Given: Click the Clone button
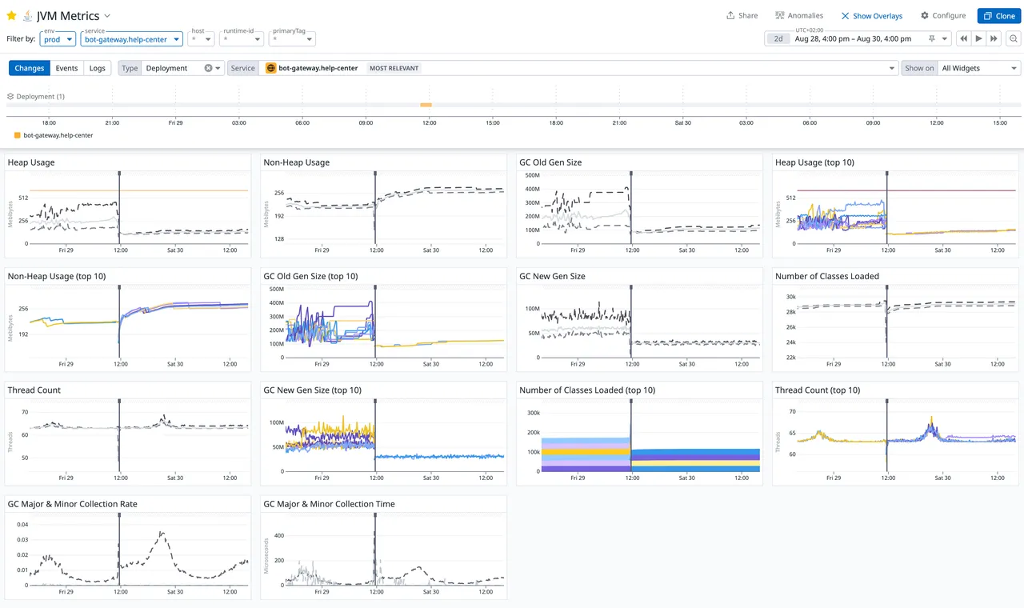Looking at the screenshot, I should coord(998,16).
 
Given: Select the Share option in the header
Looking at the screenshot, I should coord(742,16).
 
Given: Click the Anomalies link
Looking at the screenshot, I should coord(799,16).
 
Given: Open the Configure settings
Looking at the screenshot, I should coord(943,16).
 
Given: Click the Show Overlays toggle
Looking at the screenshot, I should coord(871,16).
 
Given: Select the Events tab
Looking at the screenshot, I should coord(66,68).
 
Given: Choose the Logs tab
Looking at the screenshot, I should coord(97,68).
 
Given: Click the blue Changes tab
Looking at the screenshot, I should coord(29,68).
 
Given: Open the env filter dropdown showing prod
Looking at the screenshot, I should coord(58,39).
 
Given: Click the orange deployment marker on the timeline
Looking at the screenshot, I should coord(426,105).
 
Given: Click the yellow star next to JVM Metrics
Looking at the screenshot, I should coord(11,15).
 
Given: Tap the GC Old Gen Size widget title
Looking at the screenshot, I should coord(550,162).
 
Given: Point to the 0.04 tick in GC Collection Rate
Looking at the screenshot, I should coord(22,525).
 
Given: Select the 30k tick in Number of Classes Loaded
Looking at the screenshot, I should coord(790,297).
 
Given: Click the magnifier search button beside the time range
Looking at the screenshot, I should coord(1014,38).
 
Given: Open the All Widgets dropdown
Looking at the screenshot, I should coord(979,68).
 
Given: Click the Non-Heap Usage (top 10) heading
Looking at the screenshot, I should coord(57,277).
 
